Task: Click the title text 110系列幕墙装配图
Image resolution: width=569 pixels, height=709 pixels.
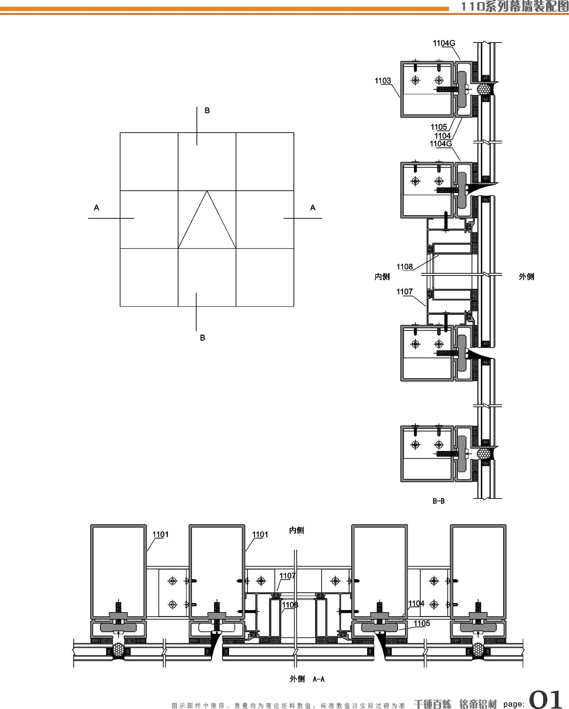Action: (x=514, y=7)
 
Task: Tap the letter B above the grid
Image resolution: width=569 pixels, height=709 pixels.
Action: (x=207, y=111)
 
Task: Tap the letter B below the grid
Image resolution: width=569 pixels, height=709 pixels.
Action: (x=203, y=338)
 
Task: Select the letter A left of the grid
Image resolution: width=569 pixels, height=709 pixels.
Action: (x=96, y=208)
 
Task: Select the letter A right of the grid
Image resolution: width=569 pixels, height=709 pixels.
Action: (x=313, y=208)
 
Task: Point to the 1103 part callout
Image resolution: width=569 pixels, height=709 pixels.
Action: (x=383, y=81)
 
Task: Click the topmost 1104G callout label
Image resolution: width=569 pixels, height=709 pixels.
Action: (x=444, y=43)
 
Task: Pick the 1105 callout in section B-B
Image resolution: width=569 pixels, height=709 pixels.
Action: (x=439, y=127)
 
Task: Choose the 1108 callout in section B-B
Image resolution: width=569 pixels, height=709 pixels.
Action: (x=405, y=267)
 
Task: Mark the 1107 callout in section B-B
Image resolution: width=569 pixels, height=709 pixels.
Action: (x=405, y=292)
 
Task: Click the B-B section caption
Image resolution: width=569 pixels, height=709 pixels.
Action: (x=438, y=501)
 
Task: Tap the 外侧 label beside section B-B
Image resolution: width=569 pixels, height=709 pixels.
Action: (x=526, y=277)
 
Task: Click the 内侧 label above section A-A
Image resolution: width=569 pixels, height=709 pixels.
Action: (x=296, y=530)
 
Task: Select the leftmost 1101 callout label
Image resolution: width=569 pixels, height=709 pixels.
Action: (x=161, y=535)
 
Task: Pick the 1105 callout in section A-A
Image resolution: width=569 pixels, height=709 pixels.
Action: (x=422, y=624)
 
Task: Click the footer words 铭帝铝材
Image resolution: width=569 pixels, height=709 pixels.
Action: (x=478, y=704)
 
